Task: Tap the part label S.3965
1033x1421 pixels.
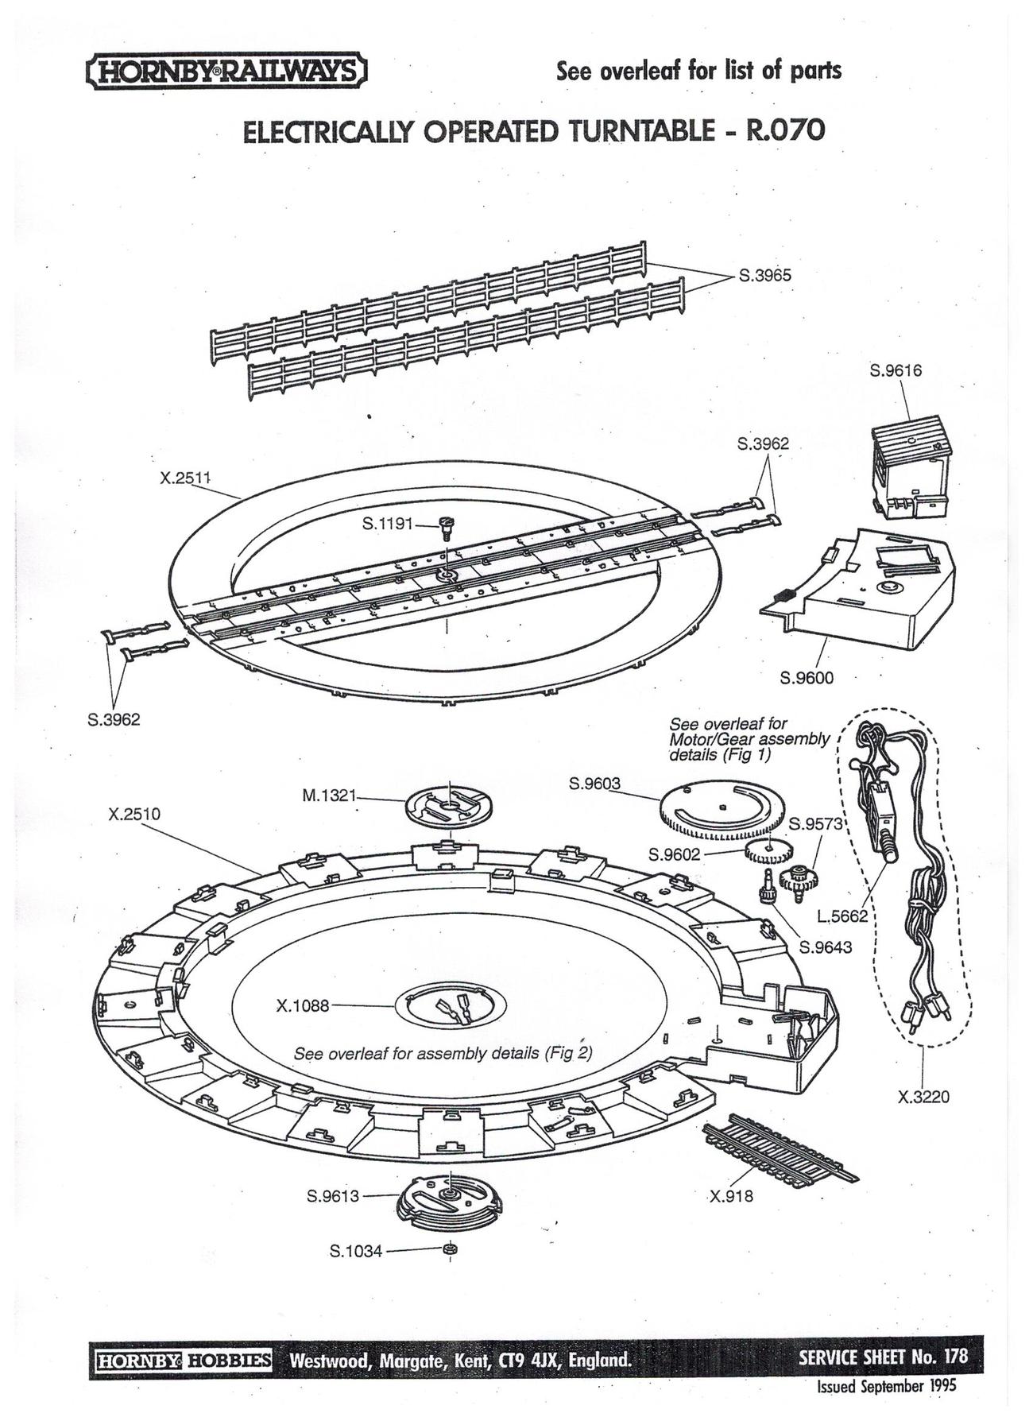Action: pyautogui.click(x=764, y=276)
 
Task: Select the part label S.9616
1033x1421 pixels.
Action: pyautogui.click(x=896, y=370)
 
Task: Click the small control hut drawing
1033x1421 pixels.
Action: pyautogui.click(x=911, y=470)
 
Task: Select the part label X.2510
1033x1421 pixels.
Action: pyautogui.click(x=134, y=814)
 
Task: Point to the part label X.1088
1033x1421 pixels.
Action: pyautogui.click(x=302, y=1005)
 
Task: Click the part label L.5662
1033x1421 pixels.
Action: pyautogui.click(x=843, y=916)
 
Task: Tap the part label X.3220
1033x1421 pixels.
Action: pyautogui.click(x=923, y=1098)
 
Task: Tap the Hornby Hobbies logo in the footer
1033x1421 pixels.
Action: pyautogui.click(x=184, y=1360)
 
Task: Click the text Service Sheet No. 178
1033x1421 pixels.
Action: pyautogui.click(x=883, y=1356)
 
